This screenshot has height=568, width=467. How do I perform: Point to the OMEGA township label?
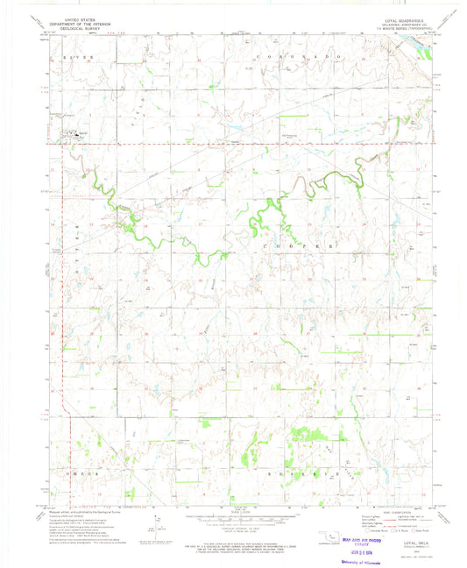point(74,470)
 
